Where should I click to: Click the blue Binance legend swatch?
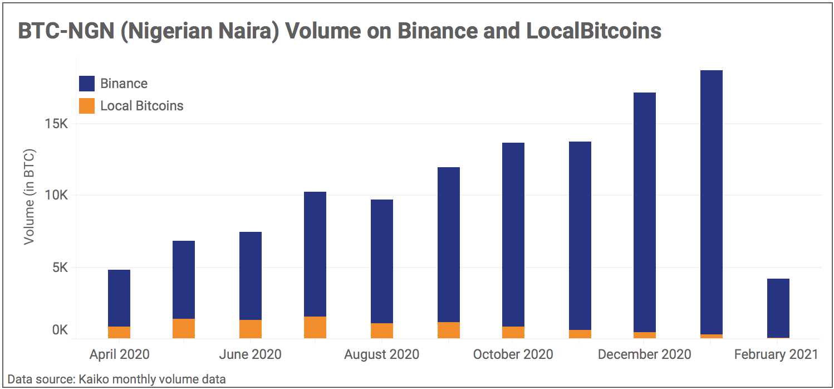87,84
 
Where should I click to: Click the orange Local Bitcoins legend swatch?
87,106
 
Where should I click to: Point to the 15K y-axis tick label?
56,124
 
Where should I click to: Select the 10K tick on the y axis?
56,196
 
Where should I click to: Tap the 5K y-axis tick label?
59,268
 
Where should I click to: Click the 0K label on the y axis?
60,330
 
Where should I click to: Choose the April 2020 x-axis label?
119,354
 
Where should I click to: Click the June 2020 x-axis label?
251,354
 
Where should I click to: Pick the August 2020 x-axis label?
382,354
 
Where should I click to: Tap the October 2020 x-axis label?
513,354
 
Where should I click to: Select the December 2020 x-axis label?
645,354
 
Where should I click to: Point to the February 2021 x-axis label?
776,354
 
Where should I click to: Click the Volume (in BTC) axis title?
30,196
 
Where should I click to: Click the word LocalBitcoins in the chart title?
593,31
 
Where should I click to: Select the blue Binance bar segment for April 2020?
119,298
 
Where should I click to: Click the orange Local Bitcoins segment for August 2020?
382,330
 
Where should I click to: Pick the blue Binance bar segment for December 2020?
645,212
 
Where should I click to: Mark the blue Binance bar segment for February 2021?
778,308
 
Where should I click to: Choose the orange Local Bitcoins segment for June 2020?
251,329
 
